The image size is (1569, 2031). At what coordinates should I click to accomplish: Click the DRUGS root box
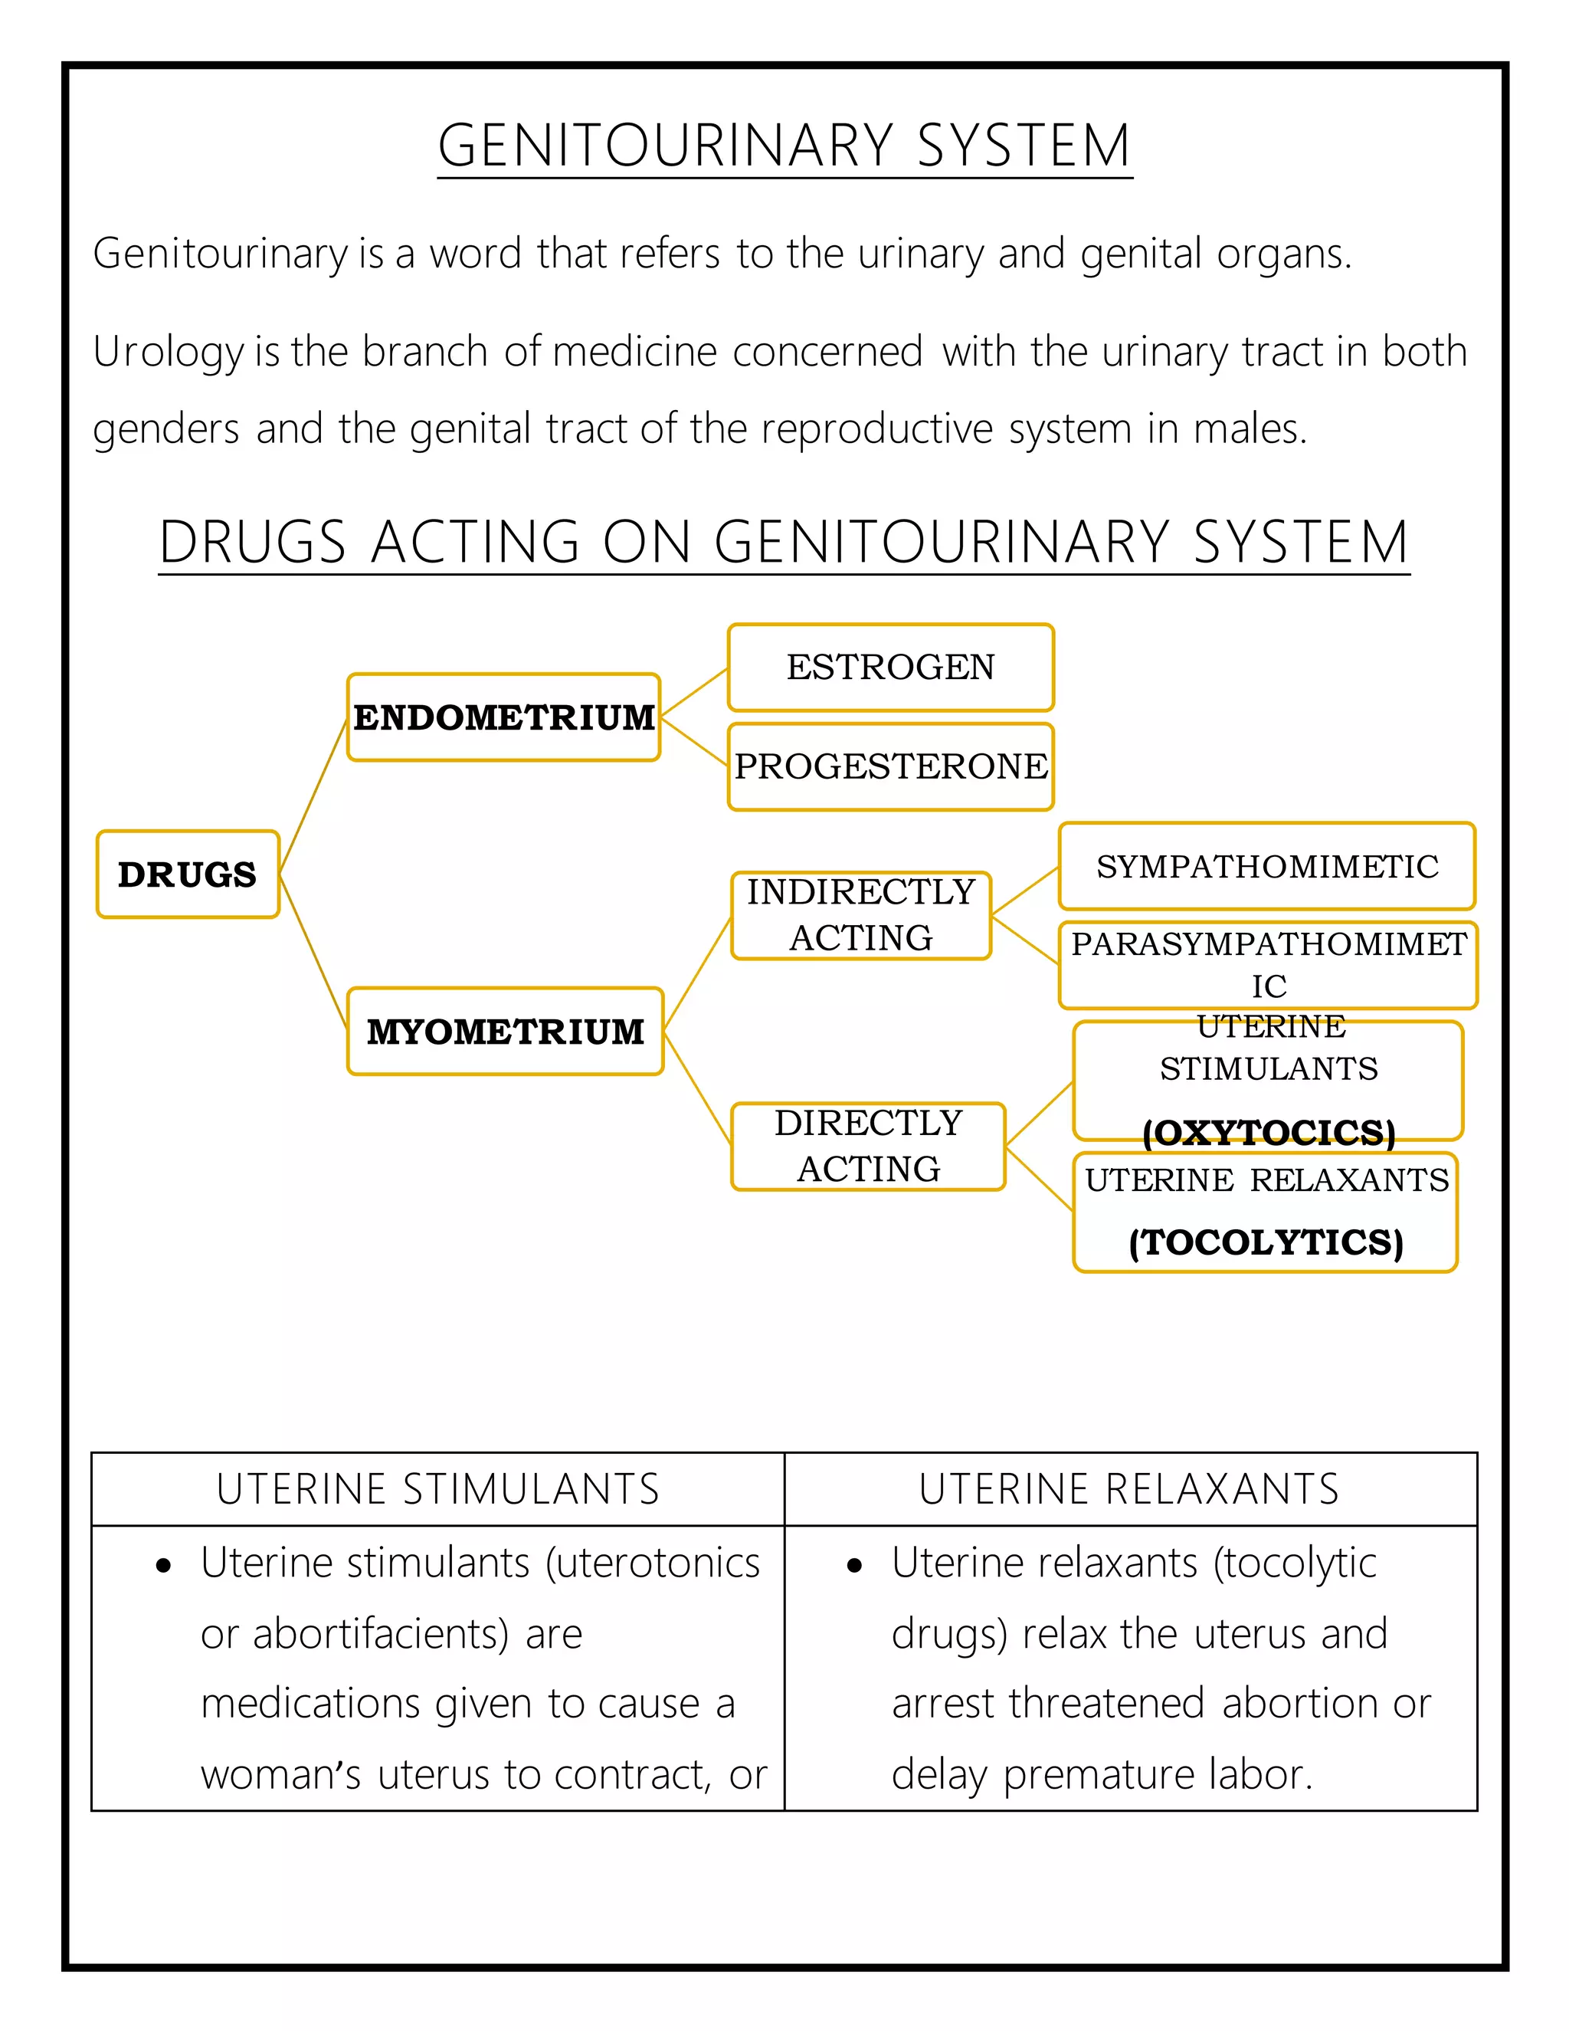[188, 874]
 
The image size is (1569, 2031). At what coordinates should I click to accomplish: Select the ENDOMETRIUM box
[504, 717]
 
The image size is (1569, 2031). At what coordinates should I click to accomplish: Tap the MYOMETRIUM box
[505, 1032]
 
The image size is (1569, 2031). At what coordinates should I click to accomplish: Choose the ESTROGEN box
[890, 667]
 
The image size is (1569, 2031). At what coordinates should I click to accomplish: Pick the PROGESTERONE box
[890, 766]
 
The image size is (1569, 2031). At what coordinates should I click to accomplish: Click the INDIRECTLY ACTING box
[860, 915]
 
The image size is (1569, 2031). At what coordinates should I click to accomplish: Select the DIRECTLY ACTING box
[868, 1146]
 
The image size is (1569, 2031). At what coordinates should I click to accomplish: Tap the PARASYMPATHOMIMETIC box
[1268, 964]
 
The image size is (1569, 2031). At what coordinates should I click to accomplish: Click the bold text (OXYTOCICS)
[1269, 1132]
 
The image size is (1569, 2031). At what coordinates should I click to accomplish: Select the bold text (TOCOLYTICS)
[1266, 1242]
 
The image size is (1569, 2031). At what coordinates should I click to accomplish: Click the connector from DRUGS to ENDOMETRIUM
[313, 795]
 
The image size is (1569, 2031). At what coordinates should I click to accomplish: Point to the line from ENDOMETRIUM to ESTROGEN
[694, 692]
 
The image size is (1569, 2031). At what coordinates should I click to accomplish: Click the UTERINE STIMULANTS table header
[437, 1489]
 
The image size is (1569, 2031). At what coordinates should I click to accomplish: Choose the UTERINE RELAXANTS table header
[1129, 1489]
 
